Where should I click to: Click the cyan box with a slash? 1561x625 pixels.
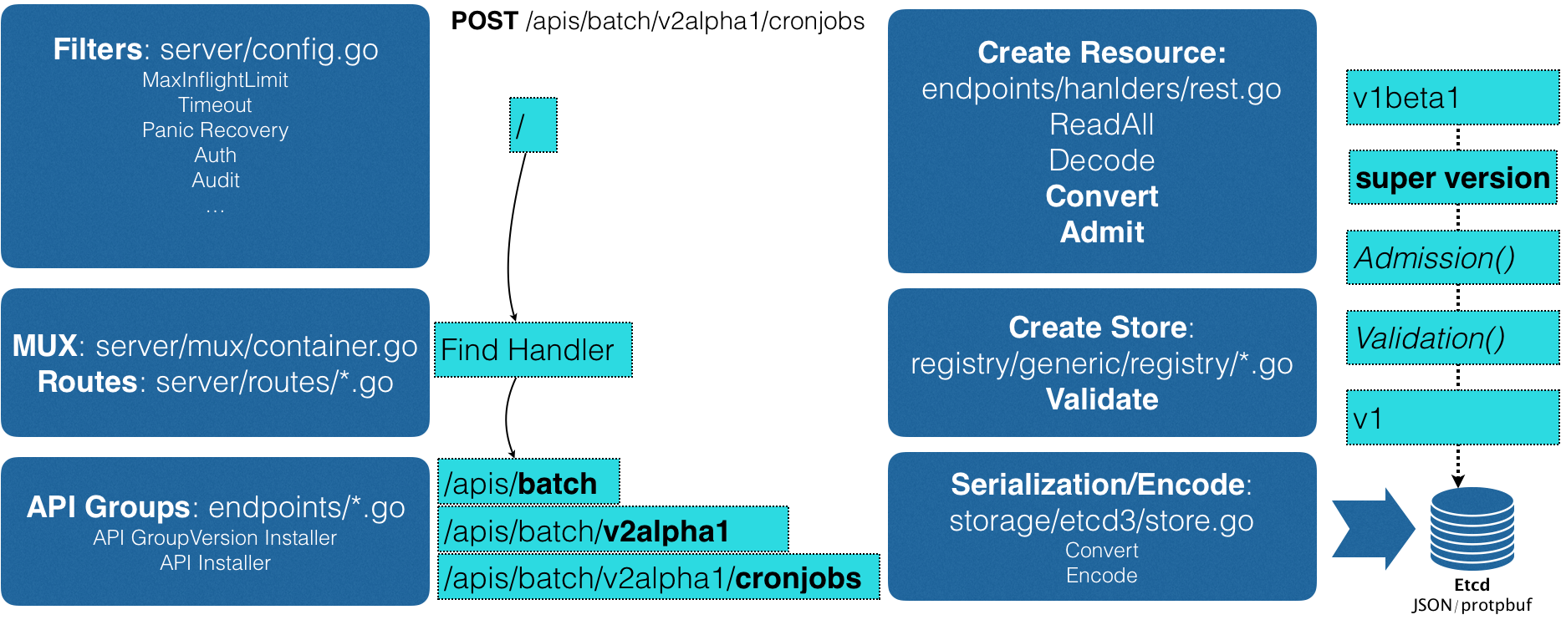tap(533, 125)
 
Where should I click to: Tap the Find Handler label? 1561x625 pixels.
tap(533, 349)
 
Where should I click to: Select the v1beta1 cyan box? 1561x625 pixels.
tap(1451, 98)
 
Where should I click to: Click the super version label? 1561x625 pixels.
tap(1452, 178)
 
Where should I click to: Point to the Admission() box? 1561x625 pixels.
tap(1451, 258)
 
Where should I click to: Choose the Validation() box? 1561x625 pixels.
tap(1451, 338)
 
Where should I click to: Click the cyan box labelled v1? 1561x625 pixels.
tap(1451, 418)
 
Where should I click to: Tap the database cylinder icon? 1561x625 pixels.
tap(1472, 529)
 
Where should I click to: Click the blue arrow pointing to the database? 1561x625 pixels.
tap(1373, 529)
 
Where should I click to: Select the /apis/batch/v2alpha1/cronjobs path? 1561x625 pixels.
tap(658, 577)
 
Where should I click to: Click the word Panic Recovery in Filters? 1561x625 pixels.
tap(215, 130)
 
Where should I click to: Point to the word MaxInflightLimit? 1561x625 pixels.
tap(215, 80)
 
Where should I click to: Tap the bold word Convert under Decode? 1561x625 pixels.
tap(1101, 196)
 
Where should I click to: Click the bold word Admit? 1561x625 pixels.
tap(1101, 232)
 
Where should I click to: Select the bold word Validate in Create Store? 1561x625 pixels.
tap(1101, 399)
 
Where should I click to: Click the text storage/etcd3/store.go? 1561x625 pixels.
tap(1101, 521)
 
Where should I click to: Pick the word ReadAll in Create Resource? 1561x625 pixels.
tap(1101, 124)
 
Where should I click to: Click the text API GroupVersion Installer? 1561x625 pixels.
tap(215, 538)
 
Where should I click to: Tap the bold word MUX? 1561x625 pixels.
tap(44, 346)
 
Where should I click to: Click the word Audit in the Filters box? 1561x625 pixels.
tap(215, 180)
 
